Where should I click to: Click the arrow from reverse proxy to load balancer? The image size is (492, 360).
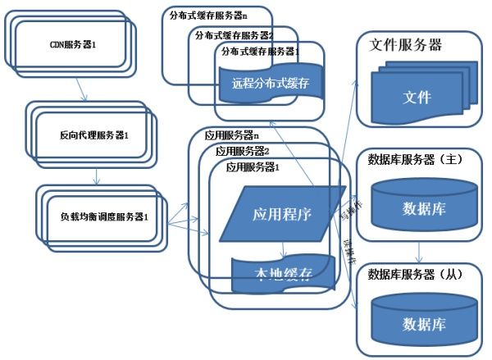[97, 175]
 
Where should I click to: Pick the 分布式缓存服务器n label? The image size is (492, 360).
[208, 16]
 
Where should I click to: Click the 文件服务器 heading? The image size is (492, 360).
[407, 46]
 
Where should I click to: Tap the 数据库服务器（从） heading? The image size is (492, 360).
[417, 274]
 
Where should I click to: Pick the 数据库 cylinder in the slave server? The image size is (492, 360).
[424, 322]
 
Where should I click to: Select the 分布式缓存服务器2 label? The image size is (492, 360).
[234, 34]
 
